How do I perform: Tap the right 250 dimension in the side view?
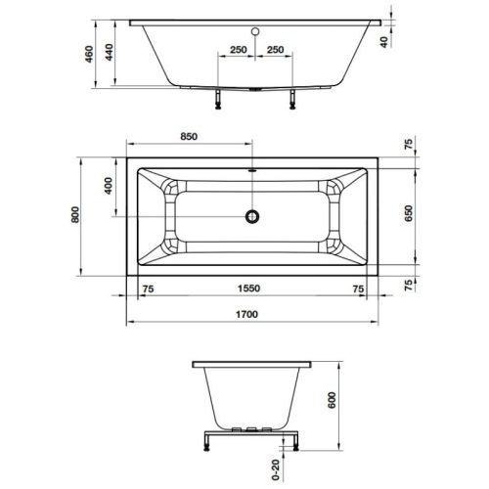(276, 49)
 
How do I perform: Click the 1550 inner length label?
(252, 289)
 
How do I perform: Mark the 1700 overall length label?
(252, 314)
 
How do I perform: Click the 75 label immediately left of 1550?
(149, 289)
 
